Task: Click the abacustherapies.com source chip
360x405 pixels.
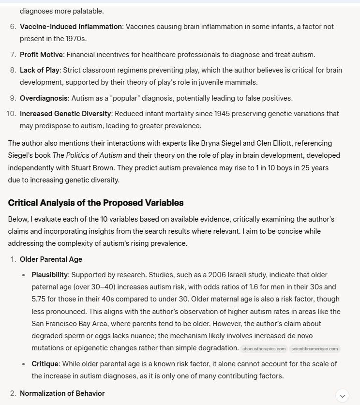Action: pos(264,349)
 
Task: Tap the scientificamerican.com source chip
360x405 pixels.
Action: pos(315,349)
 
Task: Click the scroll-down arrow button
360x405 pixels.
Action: pos(343,396)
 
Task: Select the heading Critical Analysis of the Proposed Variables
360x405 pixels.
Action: pos(96,202)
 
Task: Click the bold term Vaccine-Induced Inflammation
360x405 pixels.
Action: pos(71,27)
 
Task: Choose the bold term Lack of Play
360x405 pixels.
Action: pos(40,71)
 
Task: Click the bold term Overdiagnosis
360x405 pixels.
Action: pos(44,98)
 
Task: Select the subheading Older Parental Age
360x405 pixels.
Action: pos(51,259)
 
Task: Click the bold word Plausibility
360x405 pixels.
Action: pos(50,275)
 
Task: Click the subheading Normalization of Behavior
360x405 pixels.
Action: pos(62,393)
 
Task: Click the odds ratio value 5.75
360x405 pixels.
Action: pos(41,299)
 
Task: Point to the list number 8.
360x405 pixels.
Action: pos(13,71)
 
